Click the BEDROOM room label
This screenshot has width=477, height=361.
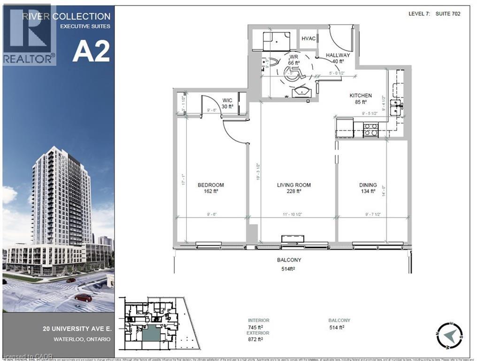(x=210, y=185)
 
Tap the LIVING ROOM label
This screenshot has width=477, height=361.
(x=294, y=185)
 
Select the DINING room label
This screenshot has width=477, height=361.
(x=368, y=185)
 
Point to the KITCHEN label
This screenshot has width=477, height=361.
(x=361, y=95)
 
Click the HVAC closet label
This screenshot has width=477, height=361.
(x=308, y=39)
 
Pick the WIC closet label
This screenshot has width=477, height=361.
(x=228, y=100)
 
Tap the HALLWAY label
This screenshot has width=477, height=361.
(x=338, y=55)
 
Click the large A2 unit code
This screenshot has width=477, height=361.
(x=91, y=51)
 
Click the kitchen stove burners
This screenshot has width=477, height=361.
(x=371, y=130)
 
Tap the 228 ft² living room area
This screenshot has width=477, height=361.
(x=294, y=191)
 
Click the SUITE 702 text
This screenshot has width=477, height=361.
(x=447, y=14)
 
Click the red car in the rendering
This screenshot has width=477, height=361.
(x=84, y=297)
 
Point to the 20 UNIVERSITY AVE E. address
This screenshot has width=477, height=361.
(x=82, y=328)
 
